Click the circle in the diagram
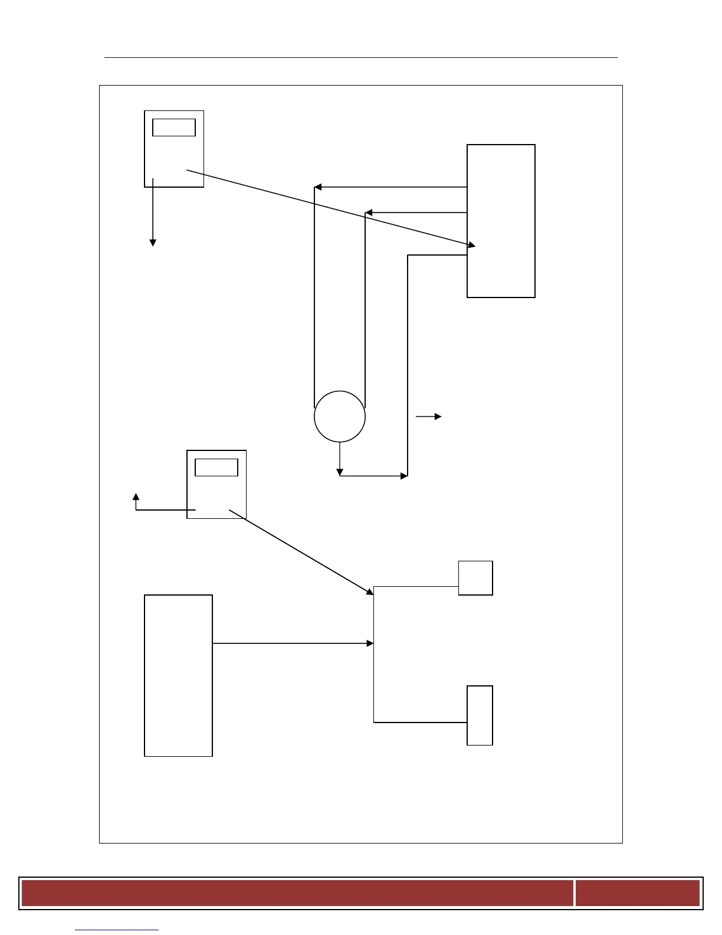tap(340, 416)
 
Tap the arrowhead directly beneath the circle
tap(340, 472)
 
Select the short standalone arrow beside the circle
tap(428, 417)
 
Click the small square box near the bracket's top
tap(475, 578)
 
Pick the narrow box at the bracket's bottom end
tap(480, 715)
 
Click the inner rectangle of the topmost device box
tap(174, 127)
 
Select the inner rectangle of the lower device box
tap(216, 467)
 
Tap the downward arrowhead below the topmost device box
tap(153, 242)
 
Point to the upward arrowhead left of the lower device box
tap(136, 497)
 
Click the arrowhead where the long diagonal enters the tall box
tap(471, 244)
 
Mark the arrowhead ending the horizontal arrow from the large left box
tap(370, 643)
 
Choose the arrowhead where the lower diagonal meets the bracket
tap(369, 591)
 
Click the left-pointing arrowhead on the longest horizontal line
tap(318, 187)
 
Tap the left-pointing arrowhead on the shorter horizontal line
tap(369, 212)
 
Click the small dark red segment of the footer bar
tap(637, 892)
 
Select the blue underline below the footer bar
tap(117, 930)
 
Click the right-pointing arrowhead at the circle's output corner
tap(404, 476)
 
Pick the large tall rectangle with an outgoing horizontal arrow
tap(178, 675)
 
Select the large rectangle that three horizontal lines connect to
tap(501, 221)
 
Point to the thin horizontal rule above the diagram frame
tap(360, 58)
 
